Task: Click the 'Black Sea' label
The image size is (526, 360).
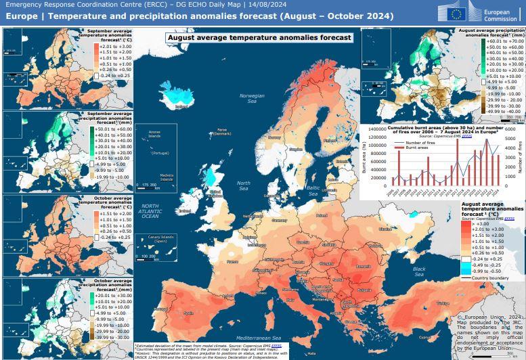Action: (419, 271)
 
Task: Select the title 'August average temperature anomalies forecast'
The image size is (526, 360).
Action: (259, 39)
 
